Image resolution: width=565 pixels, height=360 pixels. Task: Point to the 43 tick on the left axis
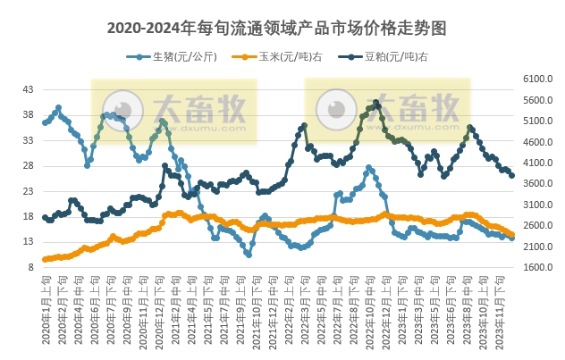point(28,89)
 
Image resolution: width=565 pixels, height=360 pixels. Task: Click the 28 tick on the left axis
point(28,165)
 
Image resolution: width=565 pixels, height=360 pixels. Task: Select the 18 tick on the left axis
point(28,216)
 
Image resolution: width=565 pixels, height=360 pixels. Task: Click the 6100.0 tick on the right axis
point(535,80)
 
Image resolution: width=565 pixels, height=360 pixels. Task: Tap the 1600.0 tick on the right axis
point(535,267)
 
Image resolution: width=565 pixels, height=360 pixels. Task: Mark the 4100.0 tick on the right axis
point(535,163)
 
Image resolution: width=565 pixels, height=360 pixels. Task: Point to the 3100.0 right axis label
point(535,205)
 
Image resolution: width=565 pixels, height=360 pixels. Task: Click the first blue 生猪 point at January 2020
point(45,121)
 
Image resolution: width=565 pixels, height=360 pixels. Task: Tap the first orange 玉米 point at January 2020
point(45,259)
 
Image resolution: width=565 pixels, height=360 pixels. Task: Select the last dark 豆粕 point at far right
point(511,175)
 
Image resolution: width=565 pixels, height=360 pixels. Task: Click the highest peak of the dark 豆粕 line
point(376,103)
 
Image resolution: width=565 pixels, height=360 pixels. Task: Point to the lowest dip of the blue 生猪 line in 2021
point(248,255)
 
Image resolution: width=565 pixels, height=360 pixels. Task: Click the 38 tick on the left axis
point(28,114)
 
